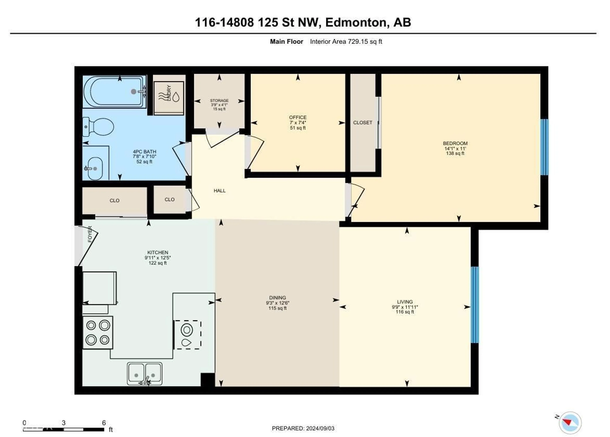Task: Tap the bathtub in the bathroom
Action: pos(114,92)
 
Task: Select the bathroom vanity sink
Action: pos(94,169)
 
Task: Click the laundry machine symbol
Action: pos(169,95)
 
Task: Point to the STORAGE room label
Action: pos(219,100)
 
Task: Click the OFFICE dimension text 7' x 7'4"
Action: pos(298,123)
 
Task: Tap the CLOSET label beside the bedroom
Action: pos(363,123)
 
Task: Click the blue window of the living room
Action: pos(475,305)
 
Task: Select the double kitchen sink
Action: pos(145,374)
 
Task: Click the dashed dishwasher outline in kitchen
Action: pos(187,335)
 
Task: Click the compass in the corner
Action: pos(570,423)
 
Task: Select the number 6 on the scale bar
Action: pos(104,423)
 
